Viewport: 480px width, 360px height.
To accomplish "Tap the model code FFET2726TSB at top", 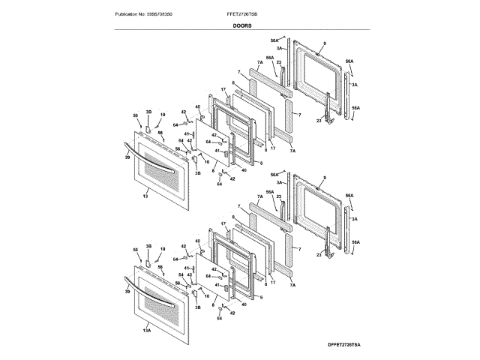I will pos(241,14).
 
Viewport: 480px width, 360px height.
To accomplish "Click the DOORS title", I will pos(241,25).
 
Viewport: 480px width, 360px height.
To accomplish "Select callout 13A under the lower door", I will pos(147,330).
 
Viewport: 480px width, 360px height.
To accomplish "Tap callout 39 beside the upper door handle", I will pos(127,158).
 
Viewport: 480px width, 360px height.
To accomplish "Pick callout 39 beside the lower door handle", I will pos(127,292).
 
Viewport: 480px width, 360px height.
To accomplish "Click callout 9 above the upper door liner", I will pos(325,43).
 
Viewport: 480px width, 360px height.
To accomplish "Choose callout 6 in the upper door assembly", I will pos(262,162).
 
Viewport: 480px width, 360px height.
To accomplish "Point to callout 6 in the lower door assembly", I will pos(262,294).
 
